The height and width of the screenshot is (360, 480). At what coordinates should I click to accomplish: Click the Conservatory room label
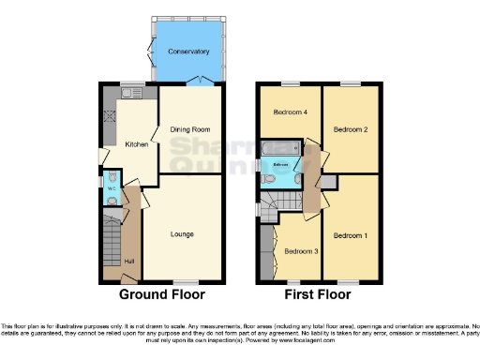point(188,51)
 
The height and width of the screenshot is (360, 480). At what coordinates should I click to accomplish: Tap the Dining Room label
point(189,129)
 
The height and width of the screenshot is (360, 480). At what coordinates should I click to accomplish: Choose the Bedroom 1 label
point(351,233)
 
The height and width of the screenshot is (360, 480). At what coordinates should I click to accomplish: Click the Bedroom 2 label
point(351,129)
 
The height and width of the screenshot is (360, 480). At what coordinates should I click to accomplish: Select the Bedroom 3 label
point(301,251)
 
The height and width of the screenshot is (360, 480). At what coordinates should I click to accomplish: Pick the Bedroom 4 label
point(290,112)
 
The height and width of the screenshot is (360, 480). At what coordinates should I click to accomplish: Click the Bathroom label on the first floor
point(280,165)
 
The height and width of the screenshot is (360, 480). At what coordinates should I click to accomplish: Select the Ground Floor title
point(158,294)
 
